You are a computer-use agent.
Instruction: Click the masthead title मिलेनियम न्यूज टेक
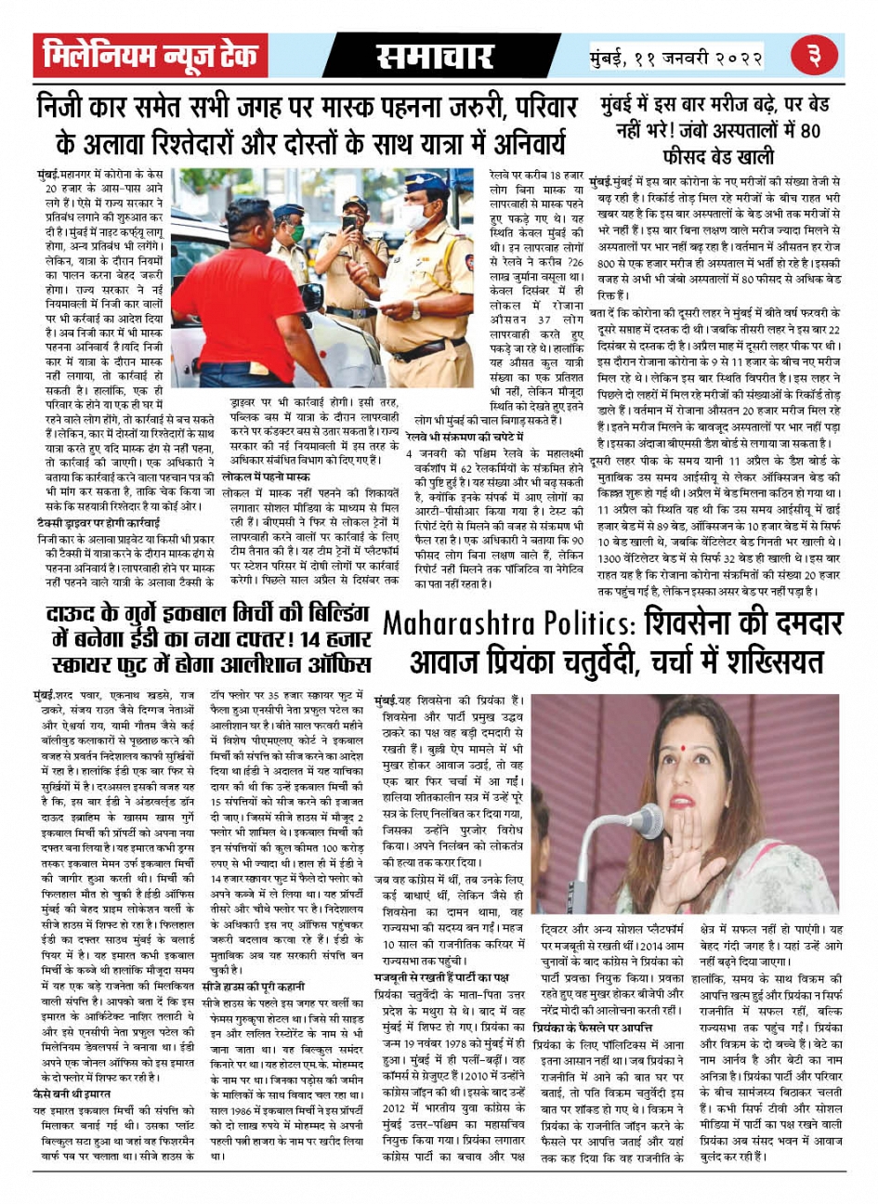(x=150, y=56)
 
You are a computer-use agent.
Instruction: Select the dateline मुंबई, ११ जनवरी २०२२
(x=676, y=57)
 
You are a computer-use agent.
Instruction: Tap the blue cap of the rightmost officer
(x=426, y=182)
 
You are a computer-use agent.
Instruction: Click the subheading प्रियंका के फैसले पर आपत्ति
(x=593, y=1028)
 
